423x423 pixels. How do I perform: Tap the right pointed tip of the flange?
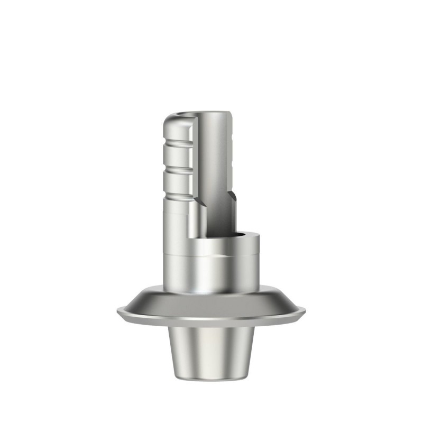305,310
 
